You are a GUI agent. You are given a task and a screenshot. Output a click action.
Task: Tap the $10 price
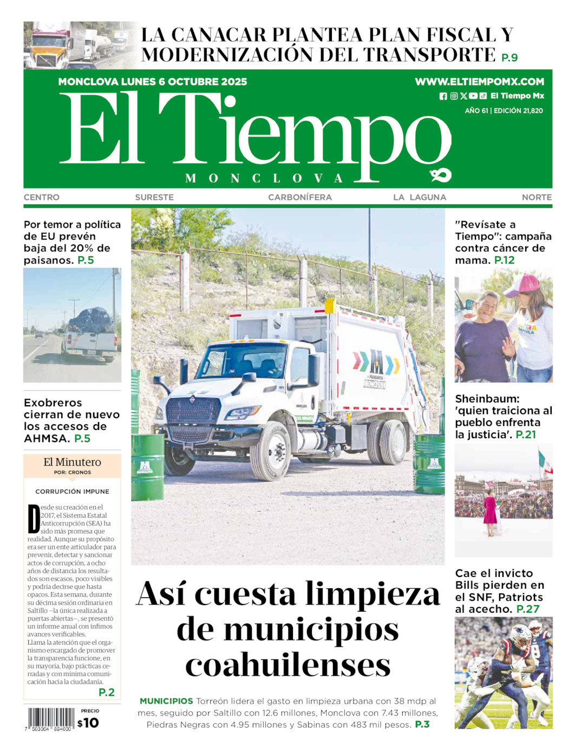(x=88, y=723)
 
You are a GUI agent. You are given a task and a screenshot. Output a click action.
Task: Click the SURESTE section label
(x=154, y=197)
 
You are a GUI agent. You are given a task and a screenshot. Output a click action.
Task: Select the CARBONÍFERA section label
(x=300, y=197)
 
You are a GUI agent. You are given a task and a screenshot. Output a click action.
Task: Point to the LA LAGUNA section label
(x=420, y=197)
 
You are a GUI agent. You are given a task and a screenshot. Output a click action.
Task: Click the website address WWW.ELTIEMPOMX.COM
(x=479, y=82)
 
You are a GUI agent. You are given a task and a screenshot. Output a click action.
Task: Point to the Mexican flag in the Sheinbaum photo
(x=542, y=462)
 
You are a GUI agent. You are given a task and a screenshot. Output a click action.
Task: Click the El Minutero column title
(x=72, y=462)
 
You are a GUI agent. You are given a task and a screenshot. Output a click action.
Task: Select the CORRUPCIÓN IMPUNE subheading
(x=72, y=491)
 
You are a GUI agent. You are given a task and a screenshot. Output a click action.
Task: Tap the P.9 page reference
(x=509, y=57)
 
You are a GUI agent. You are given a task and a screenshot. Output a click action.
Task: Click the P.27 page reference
(x=528, y=609)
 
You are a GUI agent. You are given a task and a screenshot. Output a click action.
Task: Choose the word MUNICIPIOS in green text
(x=166, y=701)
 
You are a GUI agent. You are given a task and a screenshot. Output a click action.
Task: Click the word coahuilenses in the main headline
(x=288, y=665)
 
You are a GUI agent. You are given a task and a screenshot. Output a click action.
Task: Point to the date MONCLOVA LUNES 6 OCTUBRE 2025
(x=153, y=82)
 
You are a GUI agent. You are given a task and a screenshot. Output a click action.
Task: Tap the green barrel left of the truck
(x=147, y=466)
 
